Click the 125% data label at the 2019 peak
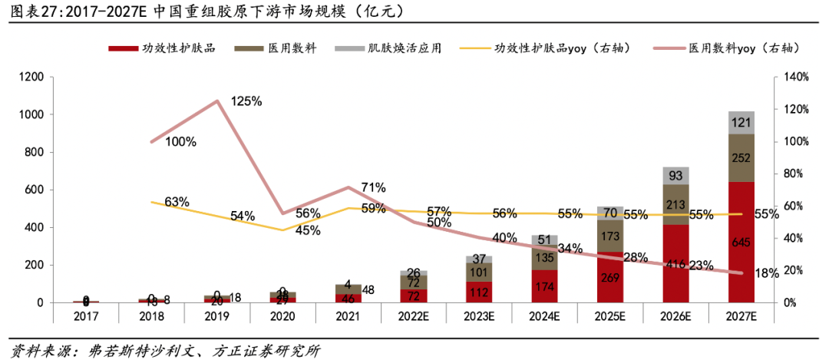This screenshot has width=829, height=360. point(247,101)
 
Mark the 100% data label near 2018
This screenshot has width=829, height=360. point(181,141)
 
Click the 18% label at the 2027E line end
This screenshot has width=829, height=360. point(766,272)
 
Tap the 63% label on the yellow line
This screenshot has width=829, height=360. point(177,202)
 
